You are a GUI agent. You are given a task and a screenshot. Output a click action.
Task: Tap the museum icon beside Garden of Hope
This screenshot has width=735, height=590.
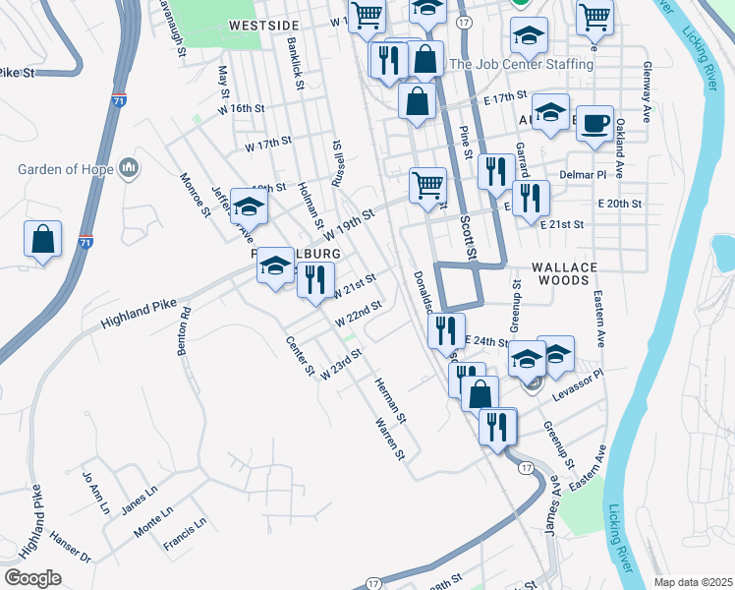click(x=129, y=169)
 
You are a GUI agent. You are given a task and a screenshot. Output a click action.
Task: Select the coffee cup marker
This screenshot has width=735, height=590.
click(x=594, y=124)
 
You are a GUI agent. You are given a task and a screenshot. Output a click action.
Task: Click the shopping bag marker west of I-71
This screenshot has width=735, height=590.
click(x=43, y=239)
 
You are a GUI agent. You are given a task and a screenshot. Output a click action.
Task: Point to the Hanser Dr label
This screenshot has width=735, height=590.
click(x=71, y=558)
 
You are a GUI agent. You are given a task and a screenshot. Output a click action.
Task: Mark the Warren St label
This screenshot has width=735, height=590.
click(x=389, y=440)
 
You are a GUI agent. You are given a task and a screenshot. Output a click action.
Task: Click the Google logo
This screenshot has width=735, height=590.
click(x=32, y=577)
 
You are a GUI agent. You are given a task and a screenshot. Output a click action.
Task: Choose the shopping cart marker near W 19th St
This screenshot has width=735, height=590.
click(x=427, y=184)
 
